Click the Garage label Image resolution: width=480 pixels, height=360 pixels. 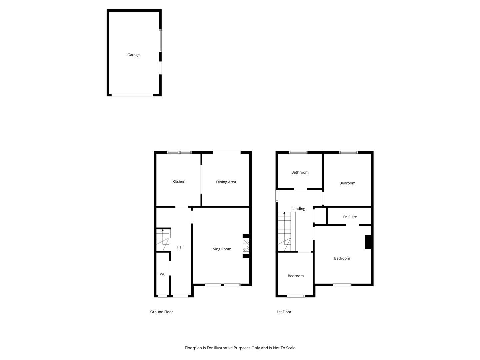[133, 55]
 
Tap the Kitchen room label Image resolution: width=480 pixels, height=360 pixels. [179, 181]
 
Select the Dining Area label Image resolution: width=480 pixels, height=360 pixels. [226, 182]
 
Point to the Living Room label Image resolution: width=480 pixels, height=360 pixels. [221, 249]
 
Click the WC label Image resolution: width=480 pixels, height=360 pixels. [162, 274]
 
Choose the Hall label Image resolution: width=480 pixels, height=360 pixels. [180, 247]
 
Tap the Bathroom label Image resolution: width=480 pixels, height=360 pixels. [300, 172]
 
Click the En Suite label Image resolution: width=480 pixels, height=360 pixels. [350, 217]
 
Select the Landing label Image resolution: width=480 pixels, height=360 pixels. [298, 209]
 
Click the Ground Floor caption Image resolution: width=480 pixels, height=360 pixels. [161, 312]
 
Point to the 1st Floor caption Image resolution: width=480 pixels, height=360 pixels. [284, 312]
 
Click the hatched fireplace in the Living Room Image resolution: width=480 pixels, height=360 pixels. [246, 246]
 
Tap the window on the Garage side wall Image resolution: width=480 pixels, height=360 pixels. [160, 41]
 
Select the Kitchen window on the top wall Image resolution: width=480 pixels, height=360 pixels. [179, 152]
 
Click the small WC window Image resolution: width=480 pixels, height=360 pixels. [162, 296]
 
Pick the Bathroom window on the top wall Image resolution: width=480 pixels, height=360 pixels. [298, 152]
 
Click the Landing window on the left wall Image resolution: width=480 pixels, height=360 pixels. [277, 196]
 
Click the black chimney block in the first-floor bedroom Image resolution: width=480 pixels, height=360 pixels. [368, 242]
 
